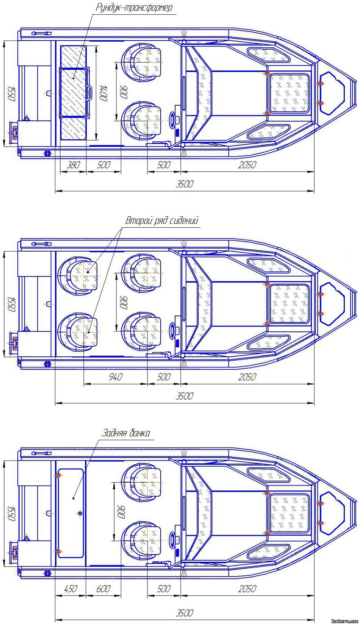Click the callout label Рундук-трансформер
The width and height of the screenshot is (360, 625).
(x=134, y=8)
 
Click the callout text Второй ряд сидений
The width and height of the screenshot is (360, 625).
(x=162, y=221)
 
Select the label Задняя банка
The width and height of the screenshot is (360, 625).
(x=126, y=433)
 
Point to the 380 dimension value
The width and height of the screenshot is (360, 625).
(x=73, y=165)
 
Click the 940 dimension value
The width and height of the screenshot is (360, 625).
(x=116, y=377)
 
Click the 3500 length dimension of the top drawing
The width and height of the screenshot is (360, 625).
(x=185, y=184)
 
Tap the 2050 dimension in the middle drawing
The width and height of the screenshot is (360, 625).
(x=247, y=377)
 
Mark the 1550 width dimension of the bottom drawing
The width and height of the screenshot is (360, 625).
(x=11, y=513)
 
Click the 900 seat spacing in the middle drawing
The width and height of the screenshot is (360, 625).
(x=124, y=302)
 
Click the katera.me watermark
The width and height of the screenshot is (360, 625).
(x=344, y=621)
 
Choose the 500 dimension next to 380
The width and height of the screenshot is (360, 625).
(x=103, y=165)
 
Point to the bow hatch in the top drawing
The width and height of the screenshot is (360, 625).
(x=332, y=93)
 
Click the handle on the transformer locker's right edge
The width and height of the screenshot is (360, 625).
(x=89, y=92)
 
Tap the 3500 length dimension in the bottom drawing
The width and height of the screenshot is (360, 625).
(x=185, y=613)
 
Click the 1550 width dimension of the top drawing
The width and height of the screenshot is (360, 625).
(x=11, y=94)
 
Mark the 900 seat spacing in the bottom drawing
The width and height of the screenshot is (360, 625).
(x=122, y=512)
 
